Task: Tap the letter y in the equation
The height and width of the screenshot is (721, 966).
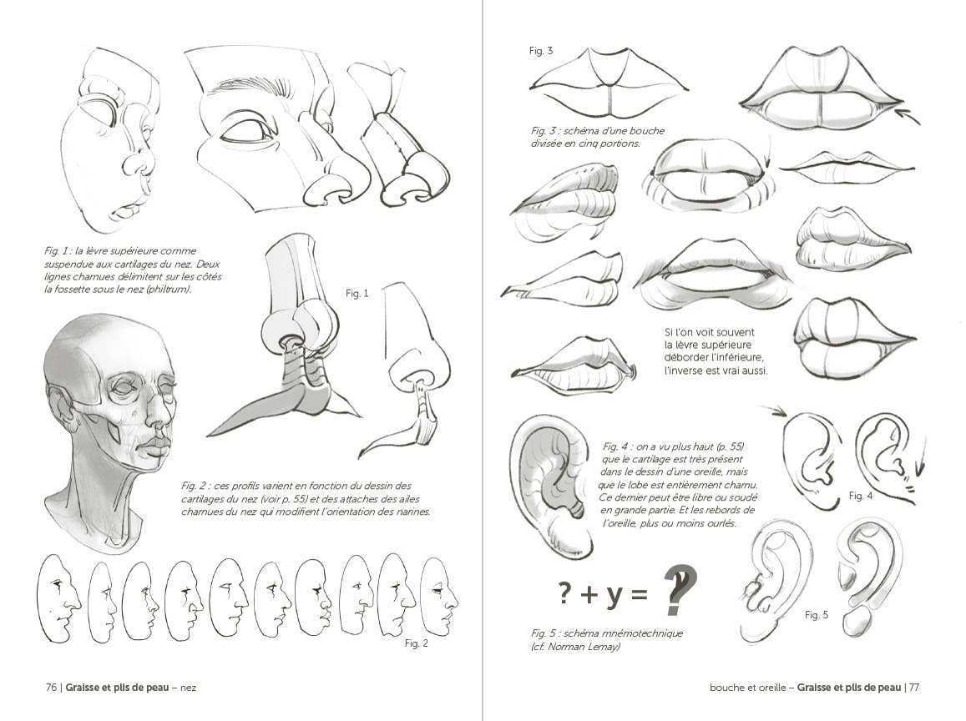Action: point(614,593)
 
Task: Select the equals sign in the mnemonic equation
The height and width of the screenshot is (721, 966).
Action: point(639,594)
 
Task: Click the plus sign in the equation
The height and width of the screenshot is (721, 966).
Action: point(589,594)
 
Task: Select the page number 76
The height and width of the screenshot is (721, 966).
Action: point(51,688)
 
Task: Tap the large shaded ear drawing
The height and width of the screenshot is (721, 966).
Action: point(551,484)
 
